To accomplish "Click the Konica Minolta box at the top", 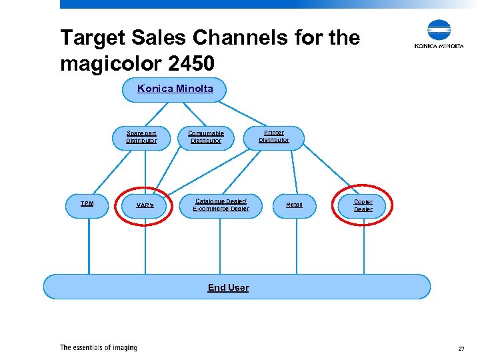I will [175, 89].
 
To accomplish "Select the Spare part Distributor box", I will [141, 137].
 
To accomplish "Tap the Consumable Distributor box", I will [206, 137].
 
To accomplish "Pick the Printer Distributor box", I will [274, 137].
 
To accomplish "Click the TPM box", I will [87, 204].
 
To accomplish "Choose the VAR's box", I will [145, 205].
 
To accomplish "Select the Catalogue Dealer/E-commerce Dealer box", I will [221, 205].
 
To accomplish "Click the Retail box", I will [294, 205].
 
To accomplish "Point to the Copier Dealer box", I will [363, 205].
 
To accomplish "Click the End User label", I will [228, 287].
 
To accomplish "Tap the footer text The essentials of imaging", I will [98, 347].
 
